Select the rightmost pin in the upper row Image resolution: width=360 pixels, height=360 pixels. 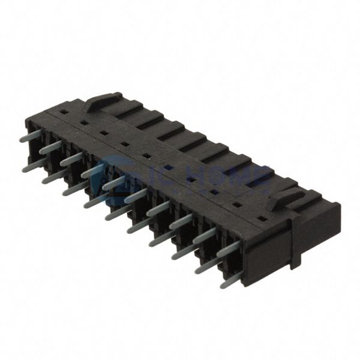click(x=227, y=249)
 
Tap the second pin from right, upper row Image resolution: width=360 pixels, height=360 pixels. click(x=205, y=236)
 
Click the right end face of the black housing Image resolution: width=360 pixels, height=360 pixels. click(x=315, y=240)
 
